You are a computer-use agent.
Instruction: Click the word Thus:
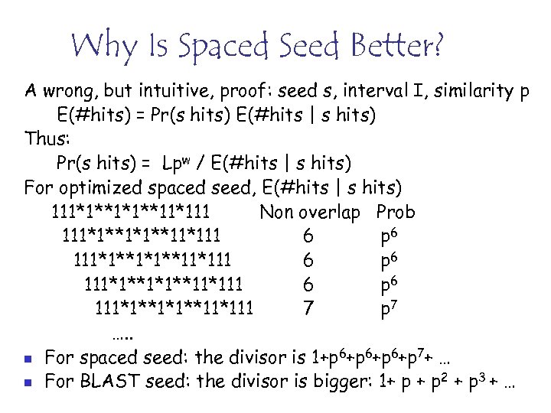point(49,140)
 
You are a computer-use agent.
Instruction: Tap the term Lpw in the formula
point(178,164)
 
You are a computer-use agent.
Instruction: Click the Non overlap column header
point(309,212)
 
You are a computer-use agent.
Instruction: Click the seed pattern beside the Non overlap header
point(131,212)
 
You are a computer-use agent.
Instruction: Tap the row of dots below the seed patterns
point(120,334)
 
